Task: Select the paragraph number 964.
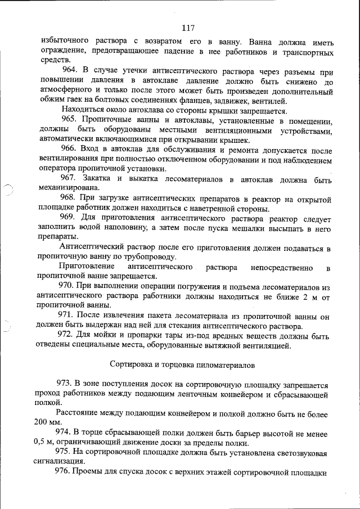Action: (x=70, y=71)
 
